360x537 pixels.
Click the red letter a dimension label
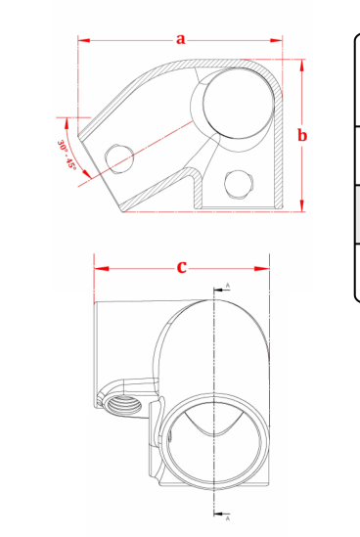(181, 39)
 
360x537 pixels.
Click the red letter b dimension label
(302, 135)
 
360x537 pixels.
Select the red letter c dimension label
(182, 267)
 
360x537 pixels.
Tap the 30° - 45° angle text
(67, 155)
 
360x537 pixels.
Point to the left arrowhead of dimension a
(84, 40)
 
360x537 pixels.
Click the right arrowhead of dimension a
(276, 40)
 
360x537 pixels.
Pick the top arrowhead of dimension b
(301, 66)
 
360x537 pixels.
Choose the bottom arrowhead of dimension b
(301, 205)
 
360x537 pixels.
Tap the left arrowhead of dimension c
(102, 269)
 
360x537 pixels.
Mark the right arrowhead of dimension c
(262, 269)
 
